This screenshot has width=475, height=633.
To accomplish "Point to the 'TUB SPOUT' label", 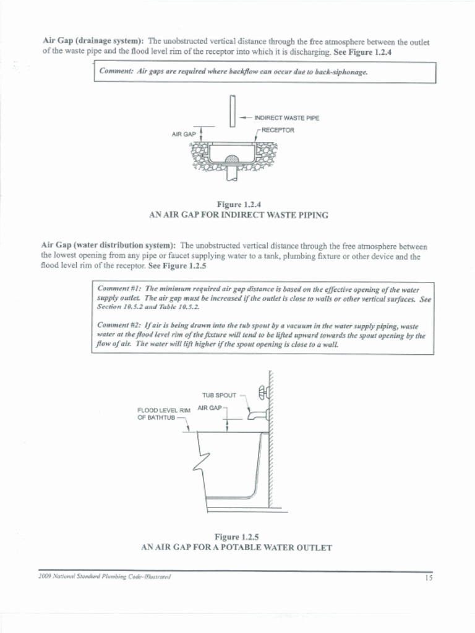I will [x=219, y=394].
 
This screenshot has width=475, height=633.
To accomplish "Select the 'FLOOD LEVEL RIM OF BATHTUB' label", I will [x=163, y=413].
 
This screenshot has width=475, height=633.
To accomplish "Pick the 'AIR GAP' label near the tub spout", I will [x=209, y=408].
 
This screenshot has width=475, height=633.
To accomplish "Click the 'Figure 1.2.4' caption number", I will [x=238, y=204].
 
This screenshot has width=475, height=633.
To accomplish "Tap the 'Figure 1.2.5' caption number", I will [x=237, y=537].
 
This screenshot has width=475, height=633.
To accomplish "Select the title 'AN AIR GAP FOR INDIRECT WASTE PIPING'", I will [x=238, y=215].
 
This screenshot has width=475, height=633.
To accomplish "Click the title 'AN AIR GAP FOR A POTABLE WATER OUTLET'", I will [x=237, y=548].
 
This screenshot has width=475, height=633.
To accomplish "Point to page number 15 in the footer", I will [x=428, y=578].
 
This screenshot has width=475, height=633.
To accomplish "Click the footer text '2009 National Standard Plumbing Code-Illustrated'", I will [x=105, y=576].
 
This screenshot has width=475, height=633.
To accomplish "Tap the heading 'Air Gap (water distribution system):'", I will [x=108, y=245].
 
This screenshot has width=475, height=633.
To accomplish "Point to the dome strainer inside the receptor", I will [x=232, y=159].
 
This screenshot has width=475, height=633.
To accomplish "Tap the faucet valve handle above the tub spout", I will [x=262, y=391].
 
